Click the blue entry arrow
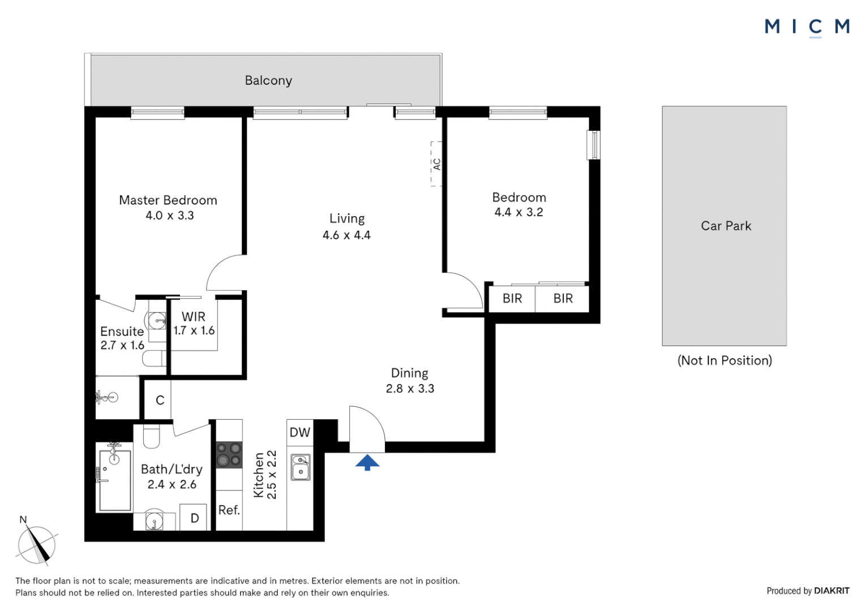click(x=367, y=462)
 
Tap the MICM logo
click(x=807, y=27)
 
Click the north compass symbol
click(x=37, y=545)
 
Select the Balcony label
click(x=268, y=80)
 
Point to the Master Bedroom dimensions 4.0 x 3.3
click(x=169, y=216)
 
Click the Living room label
click(x=347, y=218)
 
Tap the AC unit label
click(x=436, y=164)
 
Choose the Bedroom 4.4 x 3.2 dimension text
click(x=519, y=212)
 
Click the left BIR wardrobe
click(x=512, y=298)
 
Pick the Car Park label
click(x=726, y=226)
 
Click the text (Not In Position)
click(x=725, y=360)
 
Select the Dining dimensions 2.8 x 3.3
click(x=410, y=389)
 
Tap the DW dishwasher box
click(x=300, y=432)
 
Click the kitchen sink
click(x=301, y=467)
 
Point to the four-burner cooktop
click(x=229, y=455)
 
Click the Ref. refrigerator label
click(x=229, y=510)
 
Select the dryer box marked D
click(x=194, y=518)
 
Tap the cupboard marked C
click(x=160, y=400)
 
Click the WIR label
click(x=194, y=317)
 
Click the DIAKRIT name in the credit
click(x=831, y=591)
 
